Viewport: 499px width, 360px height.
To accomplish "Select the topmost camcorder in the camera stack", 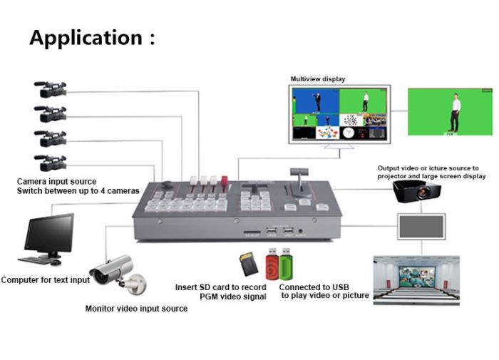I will [x=51, y=91].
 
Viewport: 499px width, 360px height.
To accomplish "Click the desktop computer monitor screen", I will [x=49, y=233].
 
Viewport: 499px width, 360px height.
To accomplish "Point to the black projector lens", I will [x=426, y=193].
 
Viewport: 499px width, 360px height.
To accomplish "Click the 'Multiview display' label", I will [x=318, y=79].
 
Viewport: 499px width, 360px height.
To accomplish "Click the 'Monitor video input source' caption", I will [x=136, y=309].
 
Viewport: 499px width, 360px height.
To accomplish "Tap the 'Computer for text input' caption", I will [x=46, y=280].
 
